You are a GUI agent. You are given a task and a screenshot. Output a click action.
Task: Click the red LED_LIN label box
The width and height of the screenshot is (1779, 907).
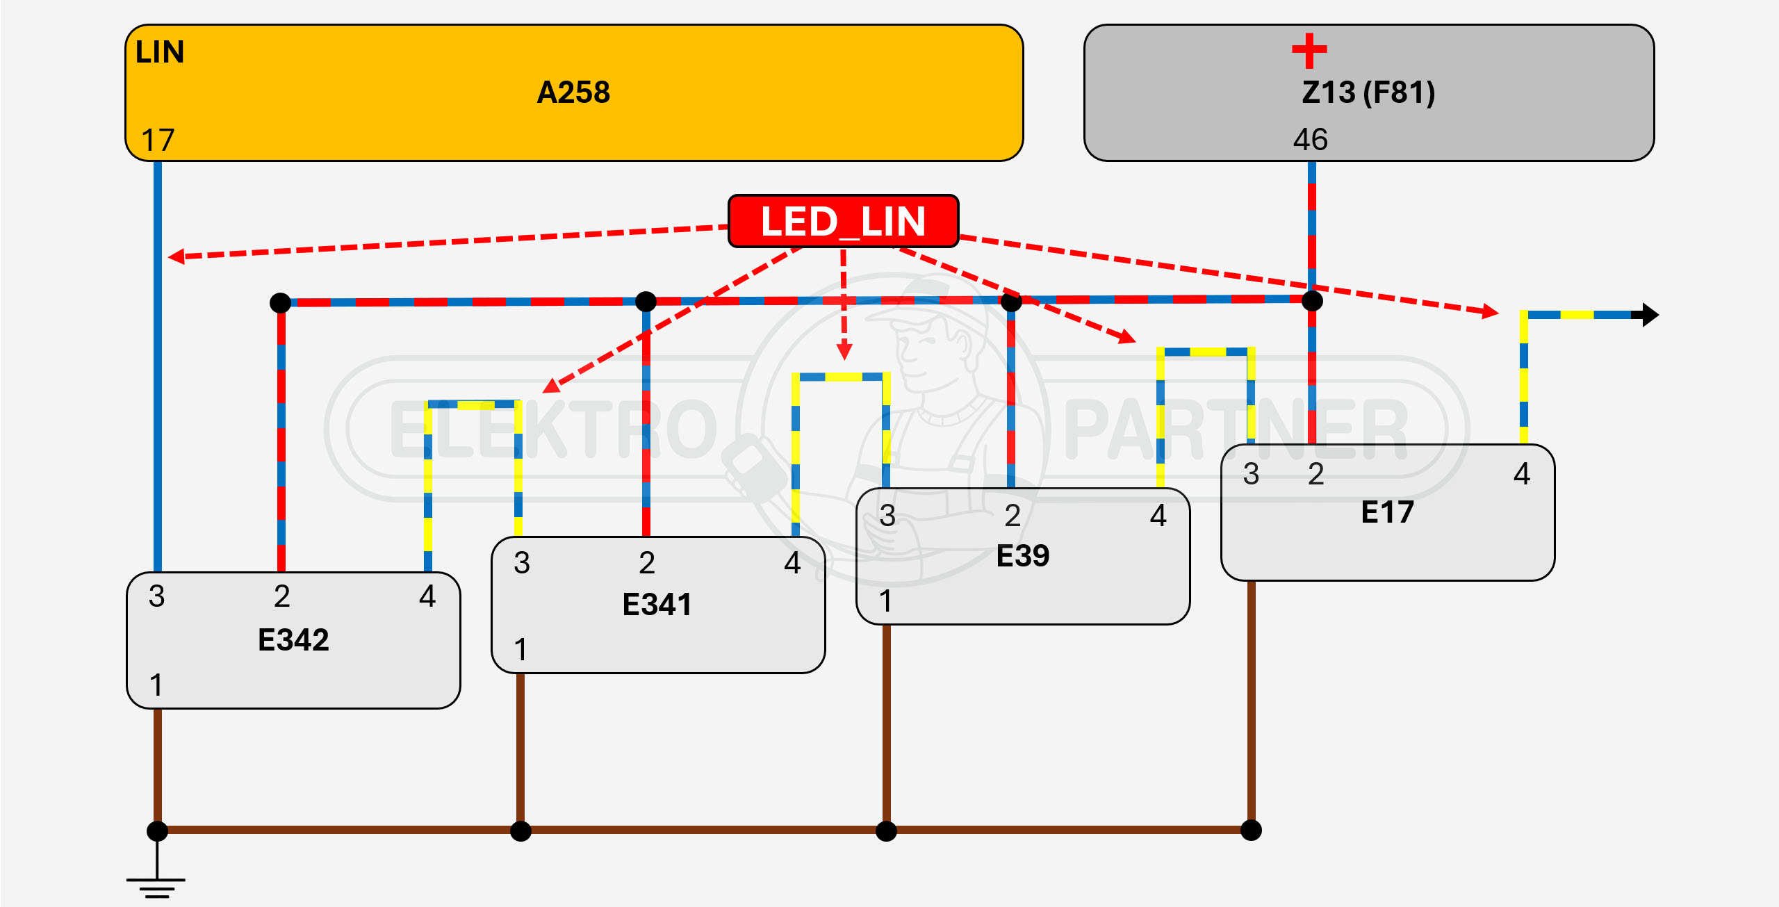coord(843,221)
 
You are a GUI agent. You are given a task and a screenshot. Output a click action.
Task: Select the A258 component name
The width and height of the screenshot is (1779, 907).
coord(573,92)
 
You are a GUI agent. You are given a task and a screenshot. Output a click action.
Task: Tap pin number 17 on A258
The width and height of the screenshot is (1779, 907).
coord(158,140)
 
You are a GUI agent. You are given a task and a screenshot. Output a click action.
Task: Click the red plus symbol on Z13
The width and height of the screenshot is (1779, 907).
coord(1309,51)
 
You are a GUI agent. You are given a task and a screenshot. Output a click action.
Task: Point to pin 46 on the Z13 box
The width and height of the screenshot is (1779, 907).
coord(1310,140)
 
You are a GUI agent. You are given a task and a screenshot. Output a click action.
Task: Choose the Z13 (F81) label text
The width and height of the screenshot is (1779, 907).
coord(1368,92)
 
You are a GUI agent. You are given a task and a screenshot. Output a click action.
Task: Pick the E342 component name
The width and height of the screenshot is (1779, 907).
coord(293,639)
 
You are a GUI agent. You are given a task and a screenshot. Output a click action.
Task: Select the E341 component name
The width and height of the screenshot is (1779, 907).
coord(657,604)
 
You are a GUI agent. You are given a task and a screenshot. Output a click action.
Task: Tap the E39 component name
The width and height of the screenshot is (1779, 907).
coord(1023,556)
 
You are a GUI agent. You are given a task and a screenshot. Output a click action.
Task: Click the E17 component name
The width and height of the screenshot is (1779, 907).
coord(1387,512)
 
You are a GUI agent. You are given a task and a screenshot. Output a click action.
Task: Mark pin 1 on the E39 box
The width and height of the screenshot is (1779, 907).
coord(885,600)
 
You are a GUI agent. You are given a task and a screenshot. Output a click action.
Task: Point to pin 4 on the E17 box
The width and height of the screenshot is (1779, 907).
coord(1522,474)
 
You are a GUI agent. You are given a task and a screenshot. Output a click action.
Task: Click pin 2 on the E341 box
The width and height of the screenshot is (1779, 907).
coord(647,563)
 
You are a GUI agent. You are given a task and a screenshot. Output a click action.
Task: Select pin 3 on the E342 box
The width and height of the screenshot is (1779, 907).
coord(157,596)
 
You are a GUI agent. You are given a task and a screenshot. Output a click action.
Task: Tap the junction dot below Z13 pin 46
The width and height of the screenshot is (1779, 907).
coord(1312,301)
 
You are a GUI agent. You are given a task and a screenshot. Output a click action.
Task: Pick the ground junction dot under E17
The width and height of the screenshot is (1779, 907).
coord(1251,830)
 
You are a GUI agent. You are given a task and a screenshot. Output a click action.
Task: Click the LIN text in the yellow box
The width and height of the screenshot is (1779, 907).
coord(160,52)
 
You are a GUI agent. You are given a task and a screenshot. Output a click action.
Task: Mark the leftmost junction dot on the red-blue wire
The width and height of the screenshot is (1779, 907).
coord(280,302)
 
